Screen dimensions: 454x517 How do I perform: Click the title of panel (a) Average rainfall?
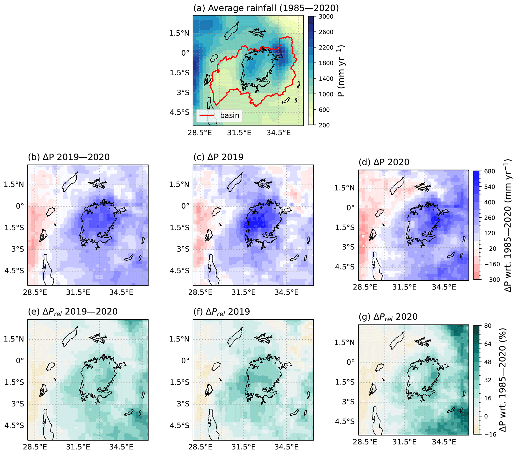click(266, 8)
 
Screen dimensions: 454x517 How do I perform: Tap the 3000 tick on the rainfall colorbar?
click(326, 17)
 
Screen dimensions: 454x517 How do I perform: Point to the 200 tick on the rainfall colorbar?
click(324, 125)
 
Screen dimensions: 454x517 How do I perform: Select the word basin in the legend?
click(229, 115)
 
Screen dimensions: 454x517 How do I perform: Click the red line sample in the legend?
click(207, 115)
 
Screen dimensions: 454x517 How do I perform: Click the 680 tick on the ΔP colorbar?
click(489, 172)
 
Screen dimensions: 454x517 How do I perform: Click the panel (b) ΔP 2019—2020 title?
click(69, 157)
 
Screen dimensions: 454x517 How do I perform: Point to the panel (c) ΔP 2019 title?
click(218, 157)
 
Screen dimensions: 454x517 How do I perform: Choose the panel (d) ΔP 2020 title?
click(384, 162)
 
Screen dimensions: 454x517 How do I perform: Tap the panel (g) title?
click(388, 317)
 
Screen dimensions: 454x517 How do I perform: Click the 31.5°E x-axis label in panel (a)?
click(239, 133)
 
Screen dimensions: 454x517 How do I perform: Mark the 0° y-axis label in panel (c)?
click(185, 206)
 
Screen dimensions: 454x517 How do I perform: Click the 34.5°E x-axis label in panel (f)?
click(287, 447)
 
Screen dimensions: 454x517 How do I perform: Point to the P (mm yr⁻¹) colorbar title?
click(341, 71)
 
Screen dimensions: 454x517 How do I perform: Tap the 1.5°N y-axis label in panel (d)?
click(344, 188)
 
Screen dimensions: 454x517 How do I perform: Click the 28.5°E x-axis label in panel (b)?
click(35, 292)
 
